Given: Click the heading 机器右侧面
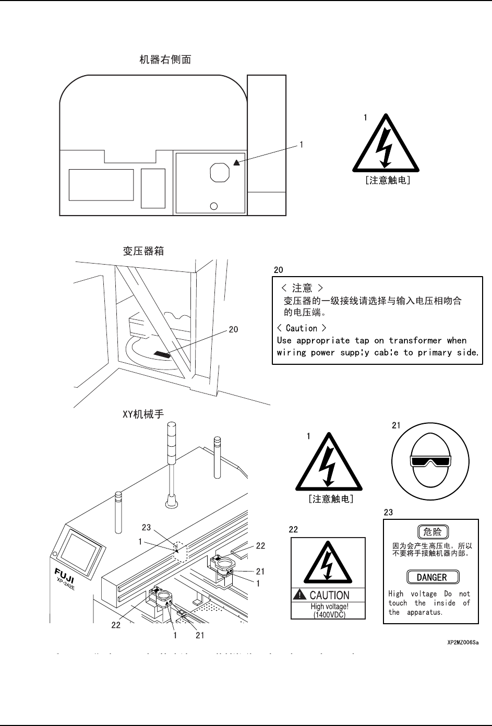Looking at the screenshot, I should click(x=165, y=59).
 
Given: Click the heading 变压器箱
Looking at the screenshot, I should click(x=143, y=251).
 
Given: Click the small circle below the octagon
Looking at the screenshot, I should click(x=213, y=205).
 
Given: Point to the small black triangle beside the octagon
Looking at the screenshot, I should click(x=236, y=162).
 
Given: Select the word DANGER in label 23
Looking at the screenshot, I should click(x=432, y=577).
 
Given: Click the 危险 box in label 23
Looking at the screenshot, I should click(x=433, y=532).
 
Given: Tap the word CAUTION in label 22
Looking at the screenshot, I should click(x=329, y=595).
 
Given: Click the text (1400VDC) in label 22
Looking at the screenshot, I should click(x=329, y=614).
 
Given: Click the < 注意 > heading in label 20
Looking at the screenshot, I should click(x=302, y=288).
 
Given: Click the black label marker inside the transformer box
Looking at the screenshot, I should click(x=162, y=354).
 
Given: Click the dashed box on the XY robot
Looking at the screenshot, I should click(x=179, y=551).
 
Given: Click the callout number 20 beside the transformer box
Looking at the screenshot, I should click(x=233, y=329).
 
